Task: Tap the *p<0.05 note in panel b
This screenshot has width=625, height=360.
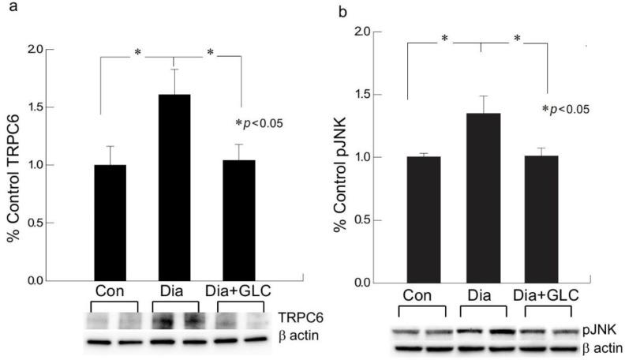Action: (x=564, y=109)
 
